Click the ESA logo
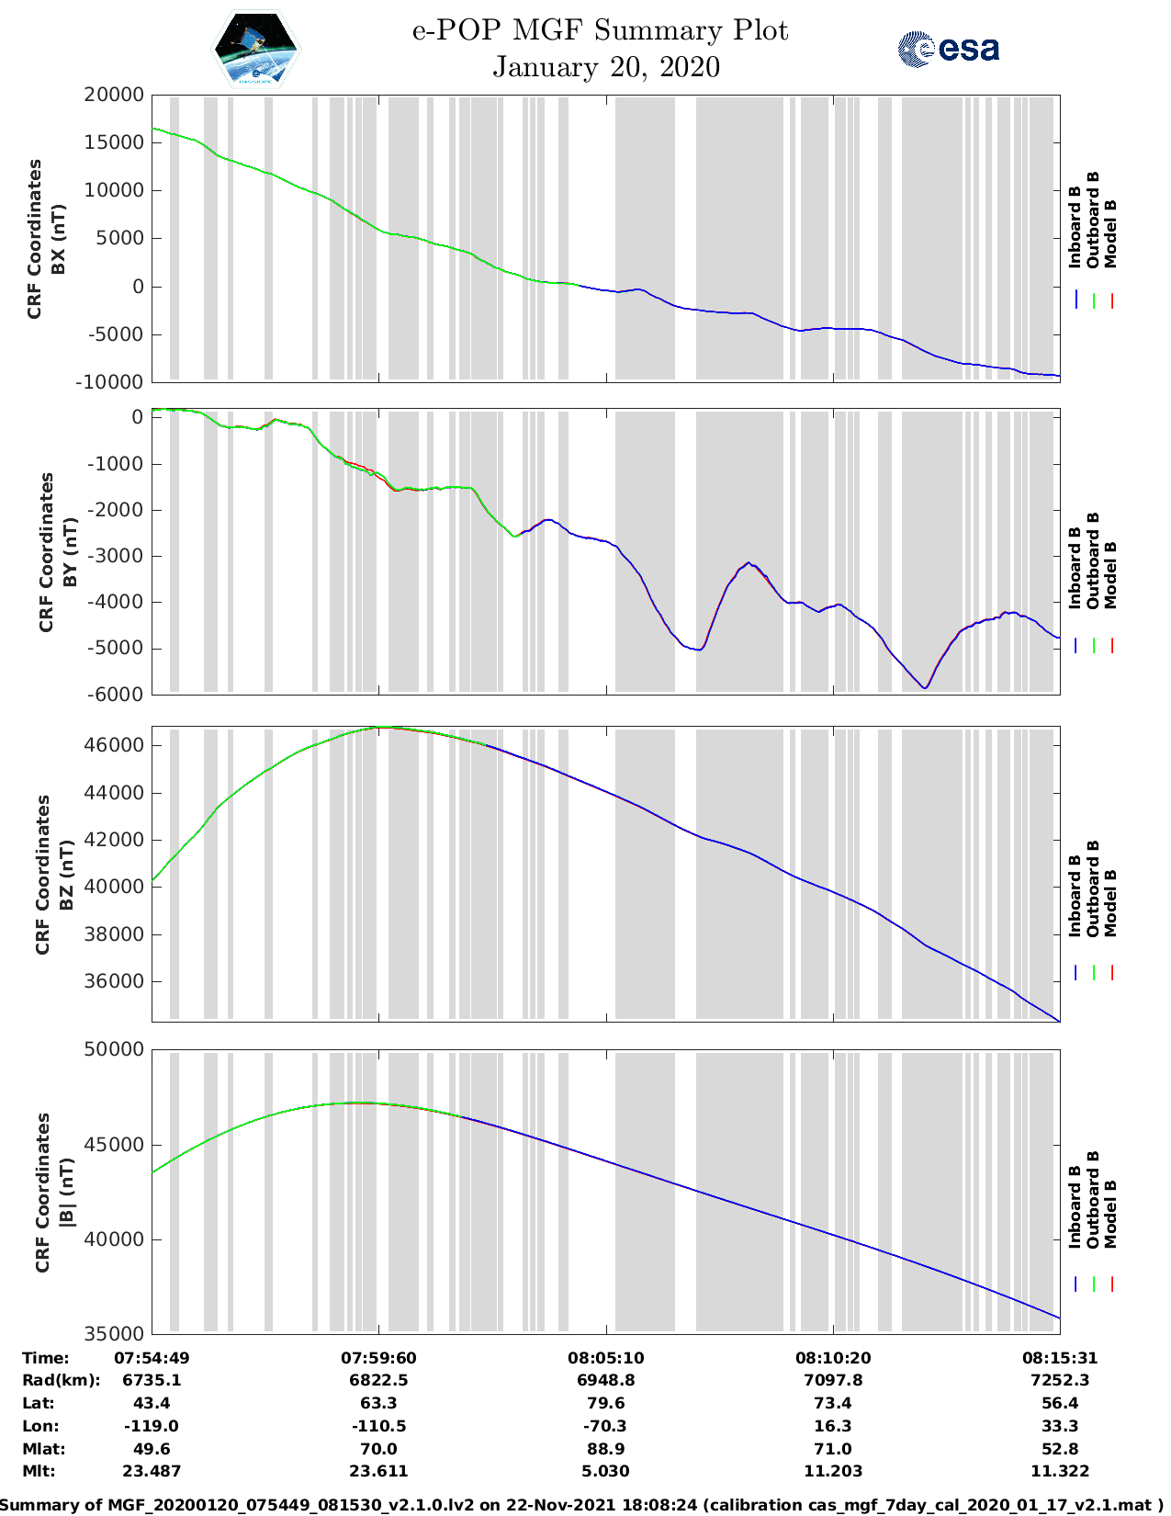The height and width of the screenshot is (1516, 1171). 948,49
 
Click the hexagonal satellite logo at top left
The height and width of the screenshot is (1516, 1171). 255,51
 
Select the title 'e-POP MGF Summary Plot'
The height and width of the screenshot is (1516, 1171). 600,30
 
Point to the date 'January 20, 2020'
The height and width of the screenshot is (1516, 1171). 606,67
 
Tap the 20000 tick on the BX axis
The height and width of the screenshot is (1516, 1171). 115,95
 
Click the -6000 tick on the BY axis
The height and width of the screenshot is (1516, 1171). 116,695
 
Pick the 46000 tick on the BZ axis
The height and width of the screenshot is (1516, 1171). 115,745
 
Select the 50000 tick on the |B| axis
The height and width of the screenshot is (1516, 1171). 115,1049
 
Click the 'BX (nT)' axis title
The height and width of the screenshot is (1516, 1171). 59,239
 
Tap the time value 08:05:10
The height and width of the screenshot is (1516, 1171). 605,1358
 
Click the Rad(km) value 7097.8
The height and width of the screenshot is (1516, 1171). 832,1380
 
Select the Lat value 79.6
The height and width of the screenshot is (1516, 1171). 605,1403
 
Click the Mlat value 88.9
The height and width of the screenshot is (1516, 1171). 605,1449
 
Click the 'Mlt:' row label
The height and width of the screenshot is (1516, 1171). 39,1471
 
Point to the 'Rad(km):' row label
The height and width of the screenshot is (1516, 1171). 61,1380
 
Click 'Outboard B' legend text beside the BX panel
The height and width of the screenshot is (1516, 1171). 1093,221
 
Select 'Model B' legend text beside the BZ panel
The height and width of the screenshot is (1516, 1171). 1110,903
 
